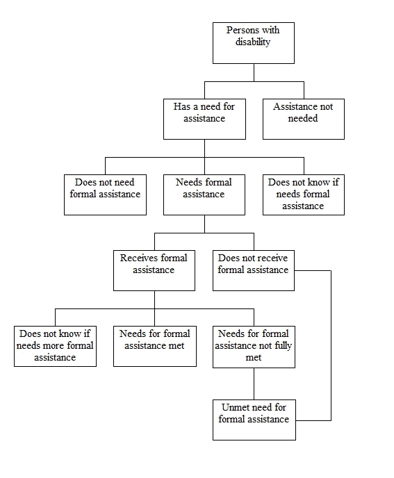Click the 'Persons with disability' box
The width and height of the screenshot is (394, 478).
tap(254, 42)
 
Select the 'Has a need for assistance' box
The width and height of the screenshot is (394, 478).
tap(204, 118)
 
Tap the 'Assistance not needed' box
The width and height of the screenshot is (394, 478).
tap(303, 118)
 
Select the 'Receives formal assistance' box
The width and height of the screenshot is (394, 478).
tap(154, 270)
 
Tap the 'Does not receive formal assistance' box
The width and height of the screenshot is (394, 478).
tap(253, 270)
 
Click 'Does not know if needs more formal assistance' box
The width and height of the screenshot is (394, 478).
tap(55, 345)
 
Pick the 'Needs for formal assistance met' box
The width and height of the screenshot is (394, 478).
tap(154, 345)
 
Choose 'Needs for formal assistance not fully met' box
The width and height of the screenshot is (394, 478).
tap(253, 345)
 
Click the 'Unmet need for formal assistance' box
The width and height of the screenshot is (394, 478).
tap(254, 419)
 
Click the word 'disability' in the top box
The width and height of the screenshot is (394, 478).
tap(254, 42)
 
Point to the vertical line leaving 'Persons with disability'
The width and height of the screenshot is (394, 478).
tap(254, 72)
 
